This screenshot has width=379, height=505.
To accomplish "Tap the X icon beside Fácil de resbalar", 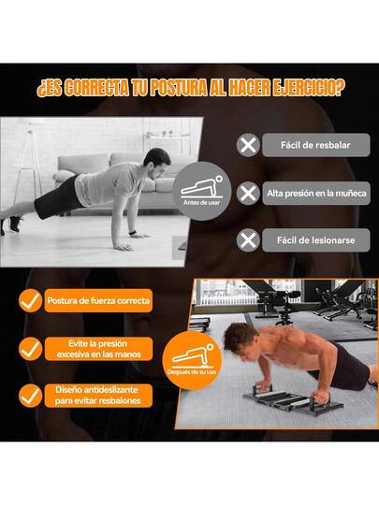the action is tap(248, 145).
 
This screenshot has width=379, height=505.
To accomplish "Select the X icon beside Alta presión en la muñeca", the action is tap(248, 194).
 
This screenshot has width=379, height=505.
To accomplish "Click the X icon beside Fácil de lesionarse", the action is tap(248, 240).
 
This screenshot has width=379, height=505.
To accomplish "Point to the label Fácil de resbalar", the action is tap(316, 145).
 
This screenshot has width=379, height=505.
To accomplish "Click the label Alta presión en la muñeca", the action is tap(316, 194).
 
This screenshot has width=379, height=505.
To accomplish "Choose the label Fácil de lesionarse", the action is tap(316, 240).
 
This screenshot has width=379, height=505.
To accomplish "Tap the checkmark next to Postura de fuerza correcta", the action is tap(30, 300).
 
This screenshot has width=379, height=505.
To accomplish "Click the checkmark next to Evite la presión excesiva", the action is tap(30, 349).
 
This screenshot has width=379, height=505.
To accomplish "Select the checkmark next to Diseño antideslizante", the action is tap(30, 396).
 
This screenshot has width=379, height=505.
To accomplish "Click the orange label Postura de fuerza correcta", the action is tap(98, 300).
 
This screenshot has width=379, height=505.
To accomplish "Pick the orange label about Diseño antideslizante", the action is tap(98, 396).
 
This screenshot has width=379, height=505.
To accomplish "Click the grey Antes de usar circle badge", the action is tap(202, 191).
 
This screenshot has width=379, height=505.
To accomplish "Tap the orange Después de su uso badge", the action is tap(193, 360).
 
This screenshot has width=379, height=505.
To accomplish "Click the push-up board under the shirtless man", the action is tap(292, 399).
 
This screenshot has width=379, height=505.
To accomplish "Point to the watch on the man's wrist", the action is tap(132, 233).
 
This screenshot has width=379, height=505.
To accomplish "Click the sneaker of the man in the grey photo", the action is tap(14, 224).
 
